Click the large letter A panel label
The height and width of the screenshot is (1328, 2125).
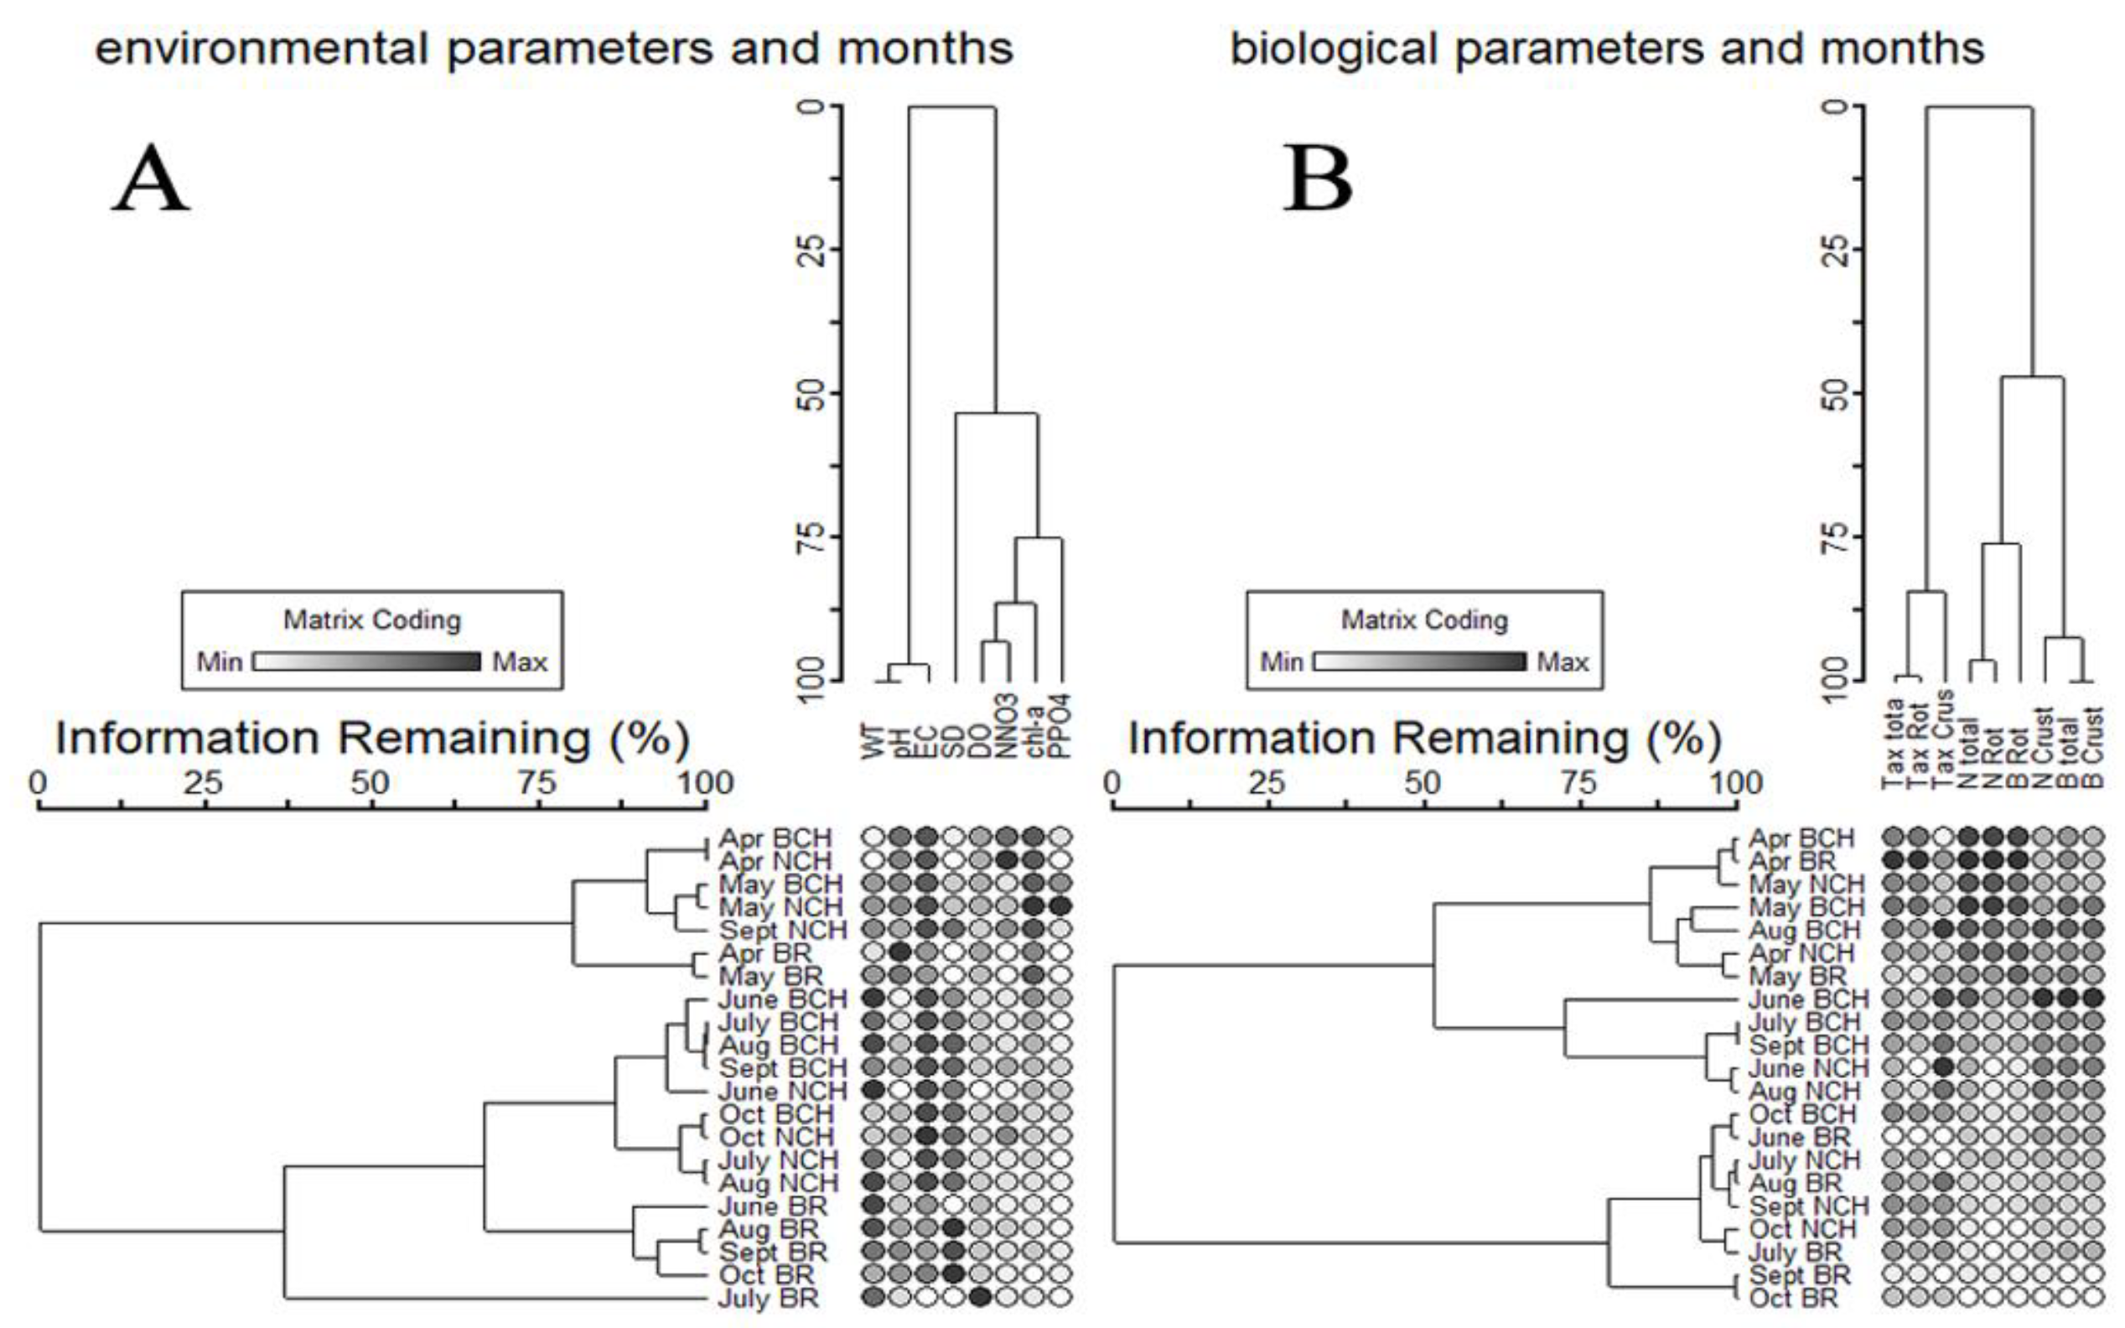click(x=150, y=179)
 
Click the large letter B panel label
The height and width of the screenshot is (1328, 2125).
click(x=1316, y=179)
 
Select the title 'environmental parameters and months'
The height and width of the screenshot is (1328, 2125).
click(x=554, y=49)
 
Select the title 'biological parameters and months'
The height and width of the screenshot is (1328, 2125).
click(x=1607, y=49)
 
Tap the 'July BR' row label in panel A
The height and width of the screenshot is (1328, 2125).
click(x=768, y=1298)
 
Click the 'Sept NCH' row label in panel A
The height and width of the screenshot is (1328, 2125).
click(x=783, y=930)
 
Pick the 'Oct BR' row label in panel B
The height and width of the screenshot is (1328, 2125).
click(x=1793, y=1298)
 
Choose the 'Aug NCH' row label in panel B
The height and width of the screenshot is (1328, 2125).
click(x=1804, y=1092)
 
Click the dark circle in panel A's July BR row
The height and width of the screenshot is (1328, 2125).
click(x=981, y=1296)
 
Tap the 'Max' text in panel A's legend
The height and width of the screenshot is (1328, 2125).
click(x=520, y=661)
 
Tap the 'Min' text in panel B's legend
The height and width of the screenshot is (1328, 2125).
click(x=1281, y=661)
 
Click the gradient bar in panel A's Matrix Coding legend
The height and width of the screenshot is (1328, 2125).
click(x=367, y=661)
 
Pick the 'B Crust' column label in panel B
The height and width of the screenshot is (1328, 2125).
click(x=2095, y=746)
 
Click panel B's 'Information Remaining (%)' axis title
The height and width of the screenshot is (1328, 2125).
click(x=1423, y=738)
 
